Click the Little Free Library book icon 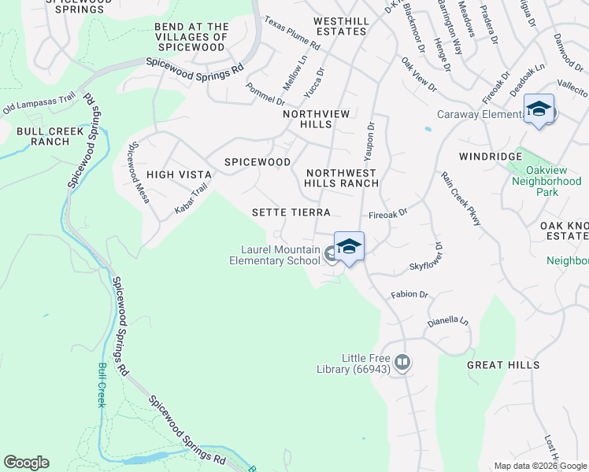(x=402, y=363)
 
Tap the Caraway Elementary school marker (x=539, y=109)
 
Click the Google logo (x=26, y=463)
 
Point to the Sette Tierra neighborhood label (x=291, y=212)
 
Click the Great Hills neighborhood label (x=503, y=365)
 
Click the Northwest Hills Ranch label (x=342, y=178)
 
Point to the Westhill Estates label (x=339, y=26)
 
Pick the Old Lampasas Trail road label (x=39, y=103)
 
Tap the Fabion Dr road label (x=409, y=295)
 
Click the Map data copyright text (x=540, y=466)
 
